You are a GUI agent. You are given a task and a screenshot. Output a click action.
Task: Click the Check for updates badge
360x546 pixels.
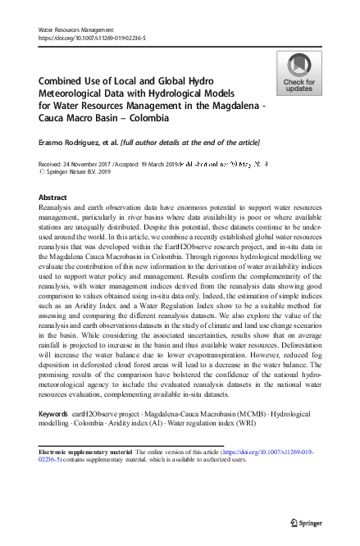pyautogui.click(x=298, y=73)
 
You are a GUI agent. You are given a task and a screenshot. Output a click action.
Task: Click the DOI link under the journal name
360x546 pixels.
pyautogui.click(x=94, y=38)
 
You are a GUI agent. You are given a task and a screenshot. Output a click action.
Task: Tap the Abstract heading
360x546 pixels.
pyautogui.click(x=53, y=198)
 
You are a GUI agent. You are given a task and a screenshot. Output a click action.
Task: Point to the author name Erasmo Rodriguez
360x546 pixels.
pyautogui.click(x=71, y=142)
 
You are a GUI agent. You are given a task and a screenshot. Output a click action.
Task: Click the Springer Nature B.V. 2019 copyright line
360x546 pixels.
pyautogui.click(x=82, y=172)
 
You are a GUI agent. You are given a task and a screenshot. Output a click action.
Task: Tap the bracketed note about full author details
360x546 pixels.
pyautogui.click(x=189, y=142)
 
